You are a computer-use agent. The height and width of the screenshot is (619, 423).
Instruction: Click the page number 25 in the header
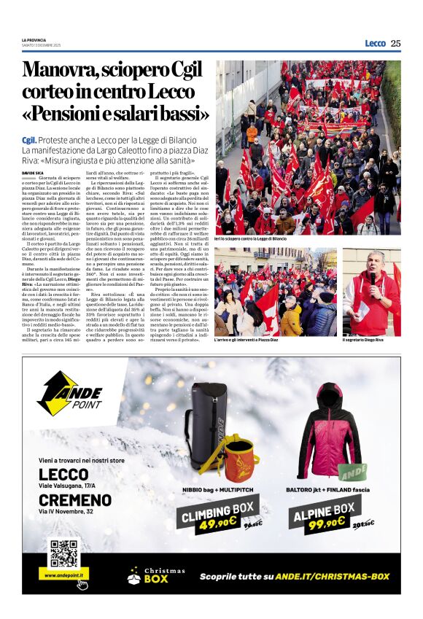(395, 43)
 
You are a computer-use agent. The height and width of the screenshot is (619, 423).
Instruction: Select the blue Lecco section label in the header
(375, 43)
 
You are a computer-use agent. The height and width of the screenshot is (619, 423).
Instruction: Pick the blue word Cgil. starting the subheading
(29, 139)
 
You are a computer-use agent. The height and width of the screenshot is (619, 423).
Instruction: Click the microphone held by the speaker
(373, 278)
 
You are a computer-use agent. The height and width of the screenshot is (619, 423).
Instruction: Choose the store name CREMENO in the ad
(76, 500)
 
